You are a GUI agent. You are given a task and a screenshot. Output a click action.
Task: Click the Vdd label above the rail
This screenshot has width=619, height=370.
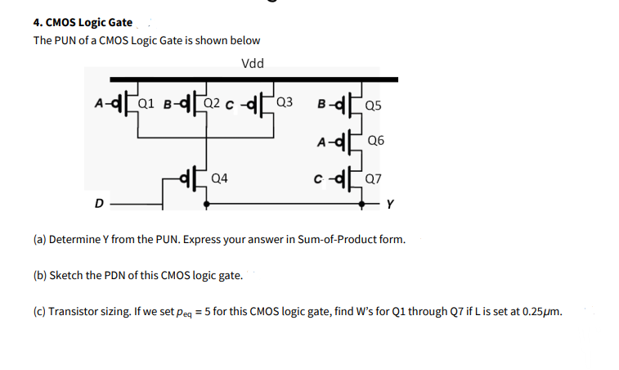coord(253,64)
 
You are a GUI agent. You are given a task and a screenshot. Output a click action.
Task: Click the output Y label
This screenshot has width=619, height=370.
coord(391,205)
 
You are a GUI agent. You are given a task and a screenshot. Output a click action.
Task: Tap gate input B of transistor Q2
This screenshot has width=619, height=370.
coord(167,103)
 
